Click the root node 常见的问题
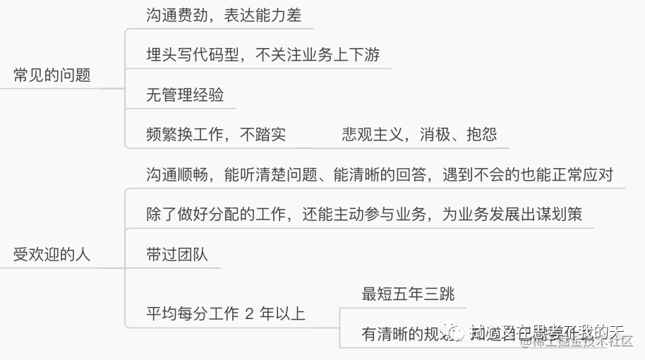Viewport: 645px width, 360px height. [x=52, y=76]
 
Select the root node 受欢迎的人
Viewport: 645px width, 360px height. [x=52, y=255]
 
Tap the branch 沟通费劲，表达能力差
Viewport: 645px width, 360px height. [x=224, y=16]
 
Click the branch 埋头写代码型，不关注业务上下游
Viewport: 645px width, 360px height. [x=263, y=55]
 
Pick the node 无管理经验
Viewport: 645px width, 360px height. [x=185, y=95]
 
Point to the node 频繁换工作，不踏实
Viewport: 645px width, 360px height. [x=216, y=134]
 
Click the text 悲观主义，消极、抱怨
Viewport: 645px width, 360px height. [x=419, y=134]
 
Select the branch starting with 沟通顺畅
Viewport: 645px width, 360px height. [x=379, y=174]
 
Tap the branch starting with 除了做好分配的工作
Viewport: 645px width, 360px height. [x=364, y=215]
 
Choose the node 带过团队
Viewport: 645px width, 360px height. [x=177, y=255]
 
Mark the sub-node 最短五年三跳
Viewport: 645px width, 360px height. [x=403, y=294]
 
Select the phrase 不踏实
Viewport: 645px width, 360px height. [x=263, y=134]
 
